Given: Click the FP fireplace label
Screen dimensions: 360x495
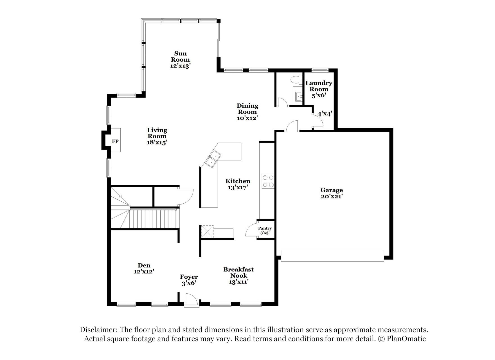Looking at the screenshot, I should [x=115, y=141].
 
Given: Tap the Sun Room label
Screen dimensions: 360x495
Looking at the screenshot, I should [x=180, y=57].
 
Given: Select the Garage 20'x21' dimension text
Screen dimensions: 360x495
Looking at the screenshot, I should [x=331, y=197].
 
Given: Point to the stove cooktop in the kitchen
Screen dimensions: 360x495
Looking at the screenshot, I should [x=268, y=181].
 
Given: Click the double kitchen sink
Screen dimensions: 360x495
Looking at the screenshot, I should [x=213, y=159].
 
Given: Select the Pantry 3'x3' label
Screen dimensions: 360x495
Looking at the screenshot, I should [x=265, y=231].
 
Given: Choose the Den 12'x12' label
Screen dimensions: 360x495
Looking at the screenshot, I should [x=144, y=268].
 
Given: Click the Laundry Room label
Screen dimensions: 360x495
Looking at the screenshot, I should [x=319, y=86].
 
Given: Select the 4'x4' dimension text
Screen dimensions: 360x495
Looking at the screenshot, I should [x=325, y=114].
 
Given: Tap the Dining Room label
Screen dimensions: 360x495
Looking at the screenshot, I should [x=247, y=109].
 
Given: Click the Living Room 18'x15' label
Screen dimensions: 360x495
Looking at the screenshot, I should [x=157, y=136].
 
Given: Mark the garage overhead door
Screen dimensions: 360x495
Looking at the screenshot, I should [x=332, y=255].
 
